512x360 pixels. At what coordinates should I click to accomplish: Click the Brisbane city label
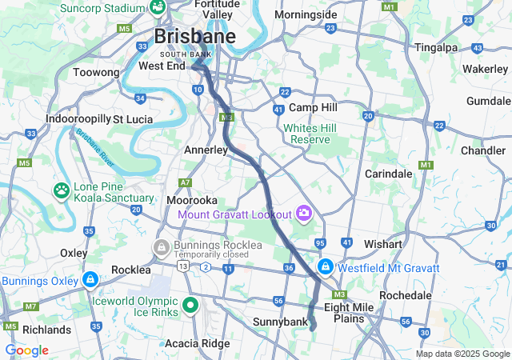[194, 37]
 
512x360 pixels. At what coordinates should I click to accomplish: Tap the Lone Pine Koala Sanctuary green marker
[62, 190]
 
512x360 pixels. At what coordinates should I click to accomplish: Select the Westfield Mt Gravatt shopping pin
[326, 266]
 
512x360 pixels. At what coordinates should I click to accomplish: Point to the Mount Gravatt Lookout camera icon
[303, 213]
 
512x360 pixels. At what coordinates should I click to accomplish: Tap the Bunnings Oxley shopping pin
[90, 281]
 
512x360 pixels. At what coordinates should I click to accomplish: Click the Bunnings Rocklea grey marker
[162, 246]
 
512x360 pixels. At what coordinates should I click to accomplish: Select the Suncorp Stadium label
[102, 8]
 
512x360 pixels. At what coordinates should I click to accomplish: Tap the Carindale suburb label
[388, 174]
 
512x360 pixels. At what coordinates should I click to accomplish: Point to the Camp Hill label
[313, 107]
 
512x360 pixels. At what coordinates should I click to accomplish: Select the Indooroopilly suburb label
[78, 118]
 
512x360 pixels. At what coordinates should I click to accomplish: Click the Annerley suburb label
[207, 150]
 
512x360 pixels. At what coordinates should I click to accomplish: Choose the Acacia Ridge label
[194, 343]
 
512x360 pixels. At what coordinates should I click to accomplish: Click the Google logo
[26, 350]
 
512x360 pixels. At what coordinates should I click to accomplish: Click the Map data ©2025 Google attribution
[462, 354]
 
